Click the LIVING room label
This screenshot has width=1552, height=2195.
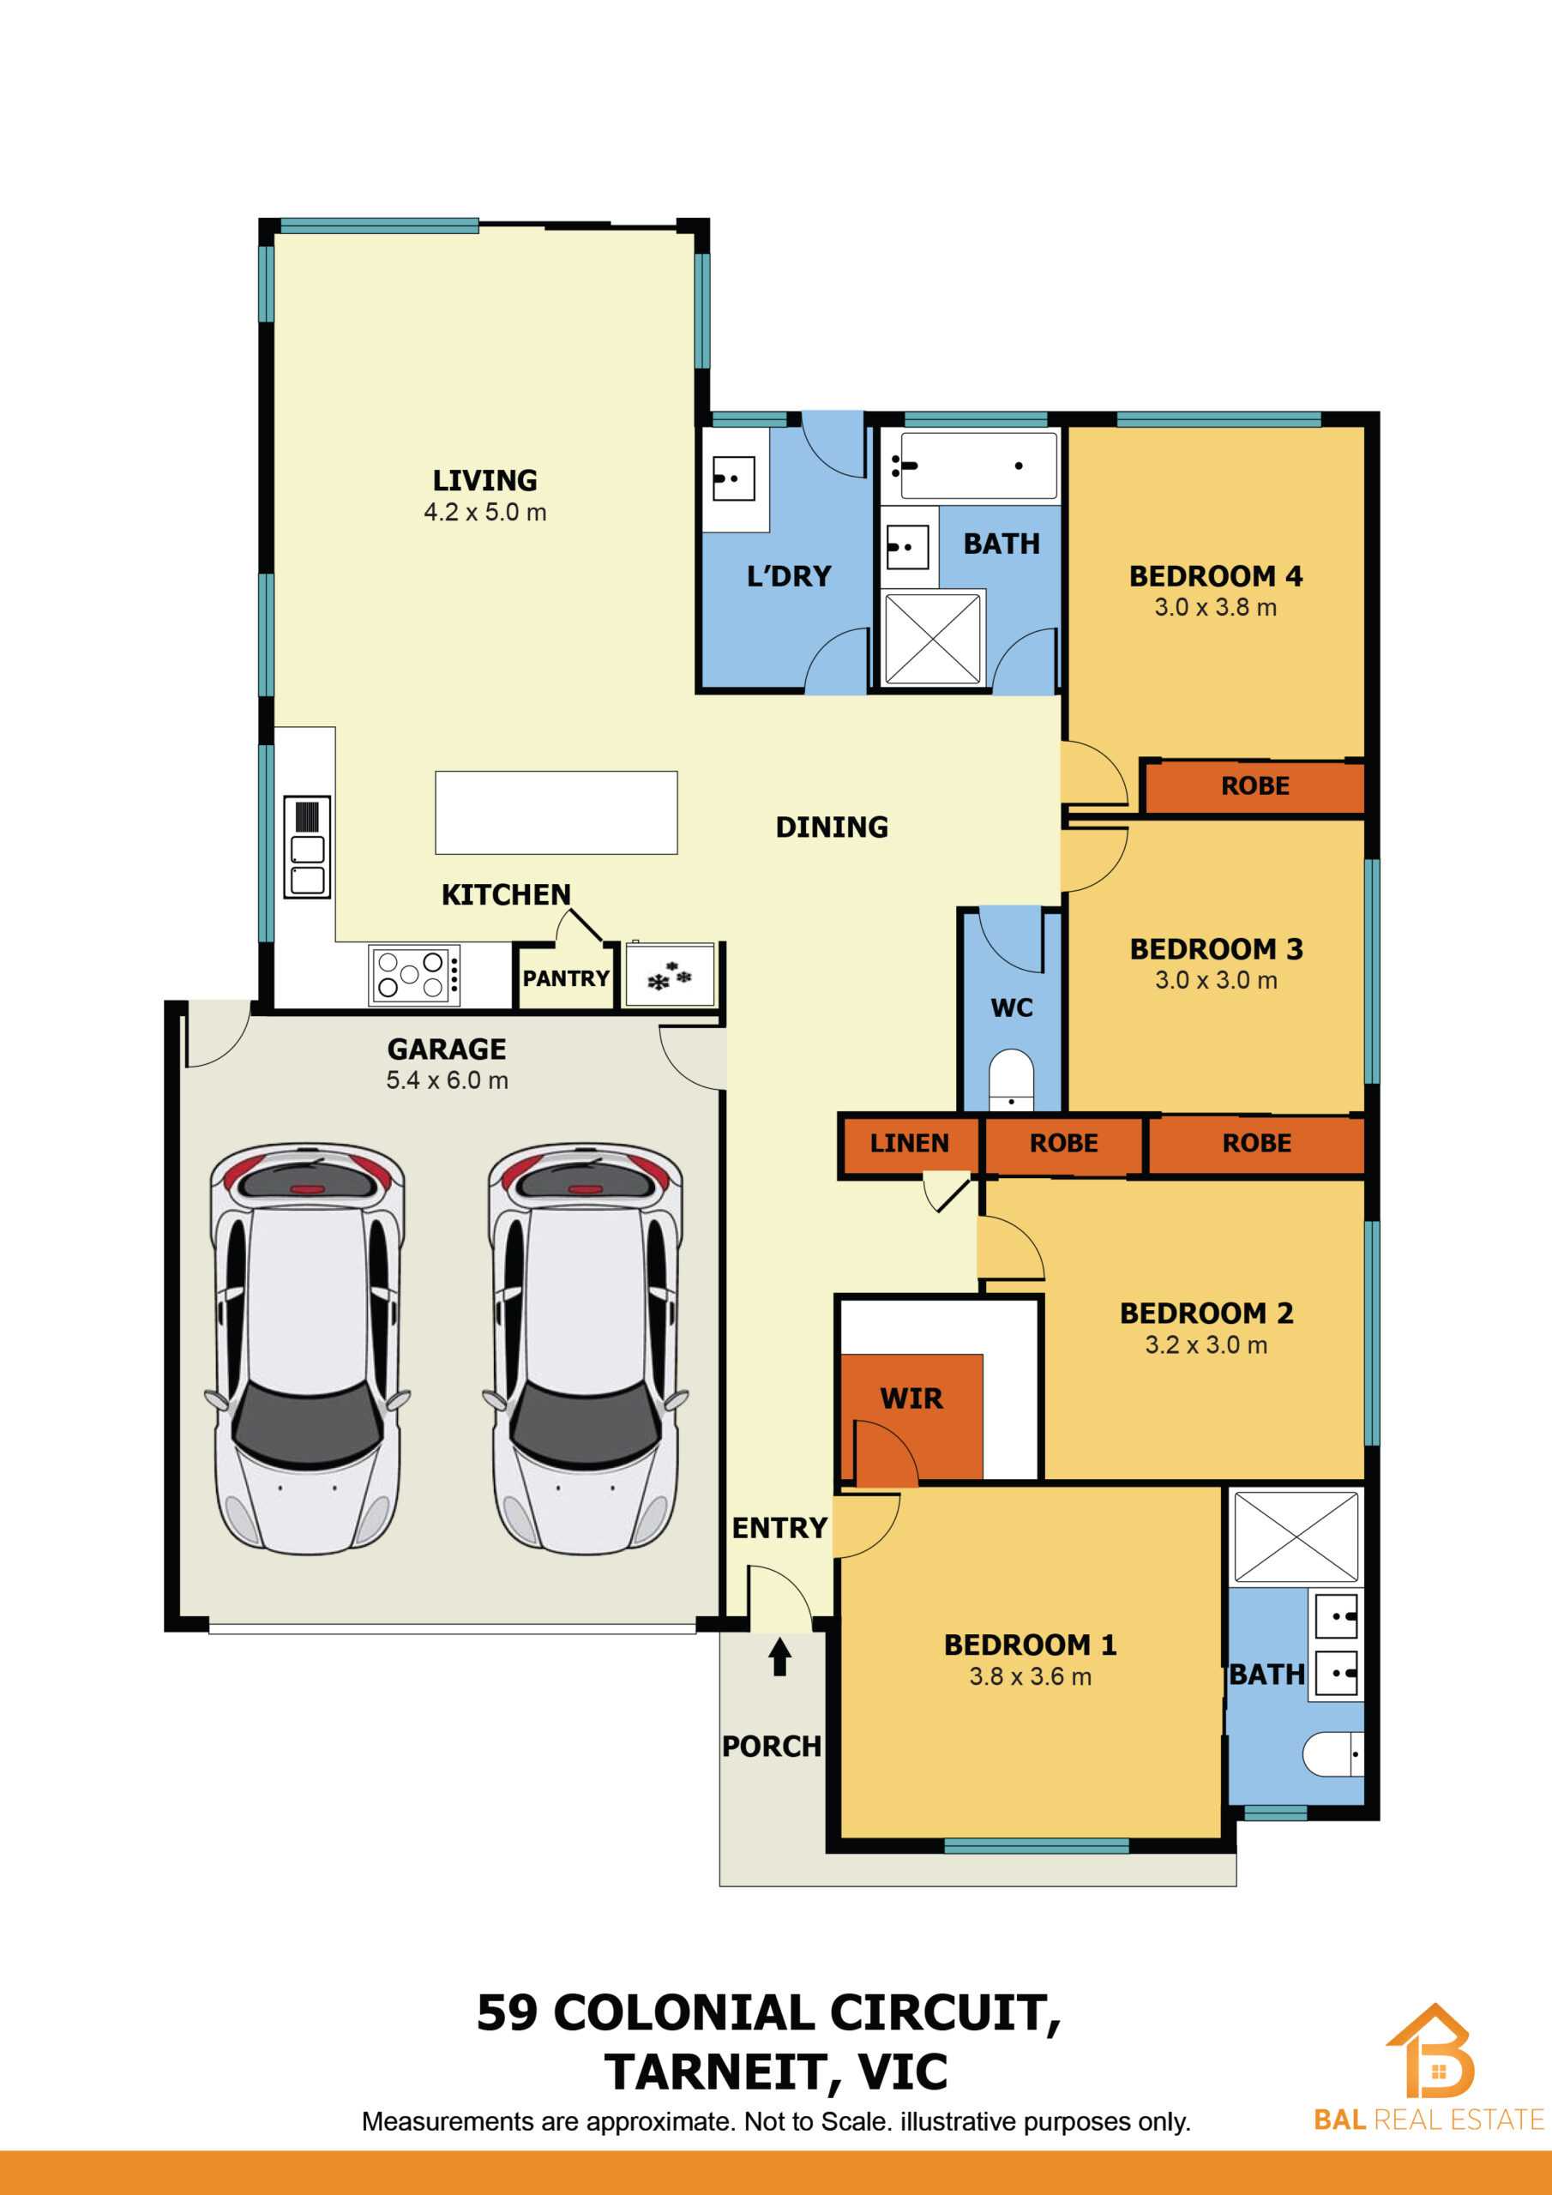point(484,480)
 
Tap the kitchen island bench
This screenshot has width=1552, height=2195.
point(556,813)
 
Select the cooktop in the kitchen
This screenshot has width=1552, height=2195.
point(414,975)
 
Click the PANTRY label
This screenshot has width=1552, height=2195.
point(566,978)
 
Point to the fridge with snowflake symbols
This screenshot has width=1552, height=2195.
point(670,975)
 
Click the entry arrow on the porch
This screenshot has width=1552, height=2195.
point(779,1657)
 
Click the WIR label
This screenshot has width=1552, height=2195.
point(911,1398)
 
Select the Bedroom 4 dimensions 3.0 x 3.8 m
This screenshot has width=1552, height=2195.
point(1215,607)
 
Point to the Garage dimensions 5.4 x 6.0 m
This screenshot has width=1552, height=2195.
point(447,1080)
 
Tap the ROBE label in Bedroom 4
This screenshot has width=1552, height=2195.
point(1255,786)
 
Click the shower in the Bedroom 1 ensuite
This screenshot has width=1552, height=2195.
point(1296,1537)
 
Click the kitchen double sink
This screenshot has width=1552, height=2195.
point(307,847)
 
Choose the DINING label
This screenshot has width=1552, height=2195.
point(832,827)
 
